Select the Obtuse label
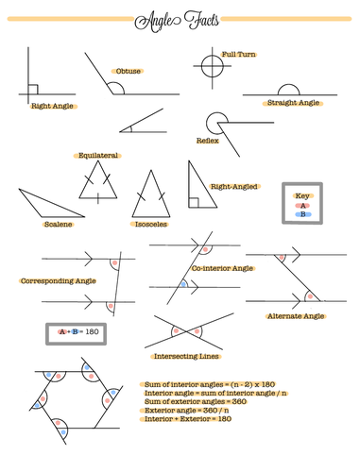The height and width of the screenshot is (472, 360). coord(128,72)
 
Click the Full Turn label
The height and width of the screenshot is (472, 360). coord(238,55)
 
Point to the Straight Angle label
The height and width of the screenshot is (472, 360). coord(293,102)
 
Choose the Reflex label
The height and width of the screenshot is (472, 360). coord(207,141)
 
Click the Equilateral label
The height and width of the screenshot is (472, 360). coord(98,155)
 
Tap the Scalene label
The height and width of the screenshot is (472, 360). coord(59,225)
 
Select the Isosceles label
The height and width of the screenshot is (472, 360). coord(150,225)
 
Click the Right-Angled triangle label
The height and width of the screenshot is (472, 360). coord(233,187)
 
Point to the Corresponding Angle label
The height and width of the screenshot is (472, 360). coord(58,281)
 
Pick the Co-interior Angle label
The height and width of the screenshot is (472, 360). coord(223,269)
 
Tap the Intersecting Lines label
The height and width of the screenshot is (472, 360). coord(185,357)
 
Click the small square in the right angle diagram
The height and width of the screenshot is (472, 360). coord(33,90)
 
